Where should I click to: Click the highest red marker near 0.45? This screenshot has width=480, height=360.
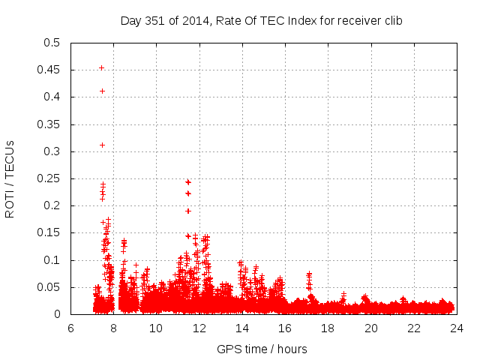click(x=101, y=68)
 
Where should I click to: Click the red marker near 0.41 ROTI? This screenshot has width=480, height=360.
click(x=102, y=91)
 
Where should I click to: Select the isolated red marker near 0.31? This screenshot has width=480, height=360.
click(x=102, y=145)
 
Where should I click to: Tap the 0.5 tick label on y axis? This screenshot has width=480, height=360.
click(x=52, y=43)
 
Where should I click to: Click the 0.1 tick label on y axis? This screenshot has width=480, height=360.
click(x=52, y=260)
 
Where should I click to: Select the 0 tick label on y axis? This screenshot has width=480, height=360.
click(x=58, y=315)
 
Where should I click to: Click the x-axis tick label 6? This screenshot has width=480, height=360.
click(x=70, y=328)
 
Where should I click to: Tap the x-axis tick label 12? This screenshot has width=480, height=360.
click(x=199, y=328)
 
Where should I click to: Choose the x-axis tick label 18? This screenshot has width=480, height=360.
click(x=328, y=328)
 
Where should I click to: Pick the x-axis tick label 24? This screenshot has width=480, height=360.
click(x=457, y=328)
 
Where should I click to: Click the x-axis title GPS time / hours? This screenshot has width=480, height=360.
click(x=262, y=349)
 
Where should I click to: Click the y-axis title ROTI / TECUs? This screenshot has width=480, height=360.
click(x=10, y=178)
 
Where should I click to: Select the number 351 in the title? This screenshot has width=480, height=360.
click(x=154, y=21)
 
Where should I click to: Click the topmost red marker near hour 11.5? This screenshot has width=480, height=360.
click(x=188, y=182)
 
